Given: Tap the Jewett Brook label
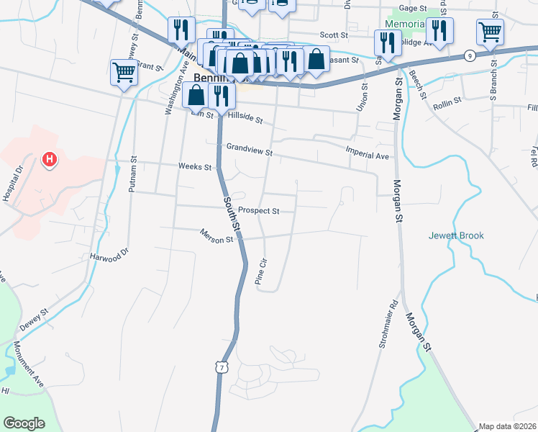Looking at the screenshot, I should (x=456, y=235).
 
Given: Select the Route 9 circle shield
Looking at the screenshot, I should (x=470, y=55).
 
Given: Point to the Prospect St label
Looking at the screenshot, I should (x=258, y=211).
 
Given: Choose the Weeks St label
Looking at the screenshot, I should (x=195, y=167).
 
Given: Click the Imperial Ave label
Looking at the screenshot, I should (x=367, y=156).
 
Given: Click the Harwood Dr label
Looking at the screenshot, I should (x=109, y=255).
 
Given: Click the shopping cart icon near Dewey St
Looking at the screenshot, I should (x=124, y=72).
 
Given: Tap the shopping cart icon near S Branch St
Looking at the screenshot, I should (x=489, y=31).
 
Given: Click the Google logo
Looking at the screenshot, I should (x=24, y=423).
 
